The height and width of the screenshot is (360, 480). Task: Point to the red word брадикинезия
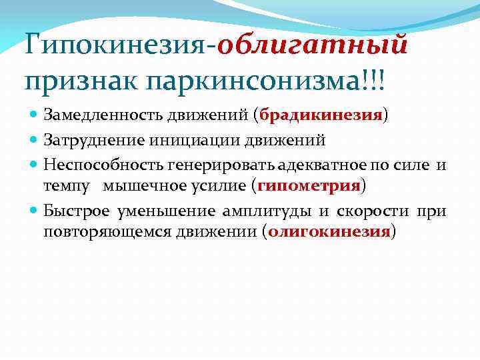tap(312, 115)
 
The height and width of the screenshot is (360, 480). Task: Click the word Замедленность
tap(101, 115)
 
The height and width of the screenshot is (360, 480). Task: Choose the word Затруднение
tap(91, 140)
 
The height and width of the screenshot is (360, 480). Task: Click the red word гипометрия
tap(309, 185)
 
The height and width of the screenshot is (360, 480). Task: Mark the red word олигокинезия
tap(329, 231)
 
